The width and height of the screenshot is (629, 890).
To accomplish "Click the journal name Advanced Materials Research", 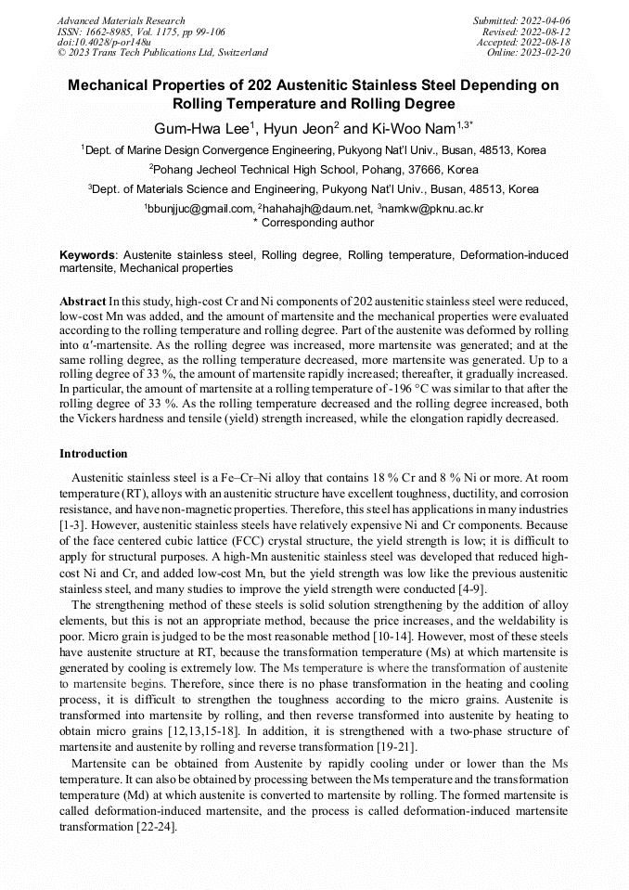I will (121, 20).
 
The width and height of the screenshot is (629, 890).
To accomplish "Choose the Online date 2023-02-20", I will (547, 53).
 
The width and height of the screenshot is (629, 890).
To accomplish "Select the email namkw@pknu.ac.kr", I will (433, 209).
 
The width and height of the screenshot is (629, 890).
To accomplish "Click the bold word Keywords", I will (87, 254).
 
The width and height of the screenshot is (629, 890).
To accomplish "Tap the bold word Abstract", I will (82, 302).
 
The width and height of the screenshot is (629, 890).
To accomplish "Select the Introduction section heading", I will (94, 454).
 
